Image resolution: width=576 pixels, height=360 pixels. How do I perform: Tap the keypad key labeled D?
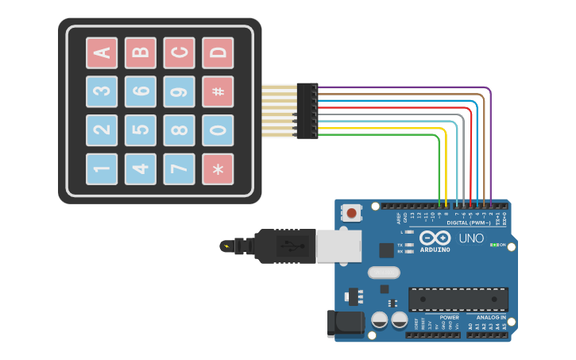218,53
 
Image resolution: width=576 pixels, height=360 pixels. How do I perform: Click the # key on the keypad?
218,91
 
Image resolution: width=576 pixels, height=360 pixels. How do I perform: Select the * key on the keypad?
218,168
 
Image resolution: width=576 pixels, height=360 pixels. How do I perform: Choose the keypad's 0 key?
218,130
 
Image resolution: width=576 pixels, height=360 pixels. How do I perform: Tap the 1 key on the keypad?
102,168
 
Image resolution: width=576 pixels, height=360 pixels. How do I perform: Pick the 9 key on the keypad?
179,91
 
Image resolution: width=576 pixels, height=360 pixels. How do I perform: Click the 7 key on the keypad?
179,168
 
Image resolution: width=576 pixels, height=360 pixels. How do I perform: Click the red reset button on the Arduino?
351,212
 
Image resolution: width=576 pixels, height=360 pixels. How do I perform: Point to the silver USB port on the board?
338,246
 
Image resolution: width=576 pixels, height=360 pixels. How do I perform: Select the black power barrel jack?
346,323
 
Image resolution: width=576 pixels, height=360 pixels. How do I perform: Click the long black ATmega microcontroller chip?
458,300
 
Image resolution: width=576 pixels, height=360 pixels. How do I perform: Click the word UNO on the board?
471,238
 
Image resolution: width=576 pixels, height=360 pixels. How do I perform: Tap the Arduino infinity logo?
435,238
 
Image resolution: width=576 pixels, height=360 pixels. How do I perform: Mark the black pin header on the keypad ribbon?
307,110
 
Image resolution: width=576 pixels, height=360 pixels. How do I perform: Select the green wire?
439,167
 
